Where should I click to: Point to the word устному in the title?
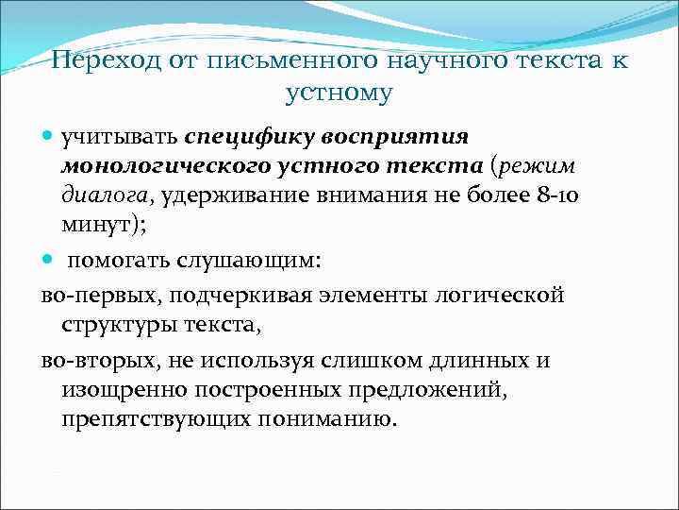339,93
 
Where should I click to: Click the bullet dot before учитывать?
50,137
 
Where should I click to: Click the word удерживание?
239,196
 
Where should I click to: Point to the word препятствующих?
142,419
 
